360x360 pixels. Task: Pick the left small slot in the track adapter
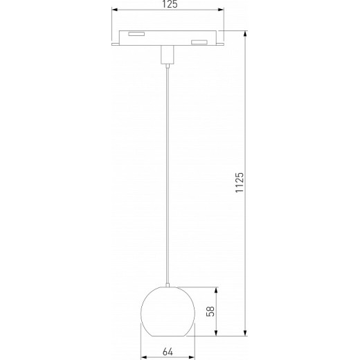tap(135, 34)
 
